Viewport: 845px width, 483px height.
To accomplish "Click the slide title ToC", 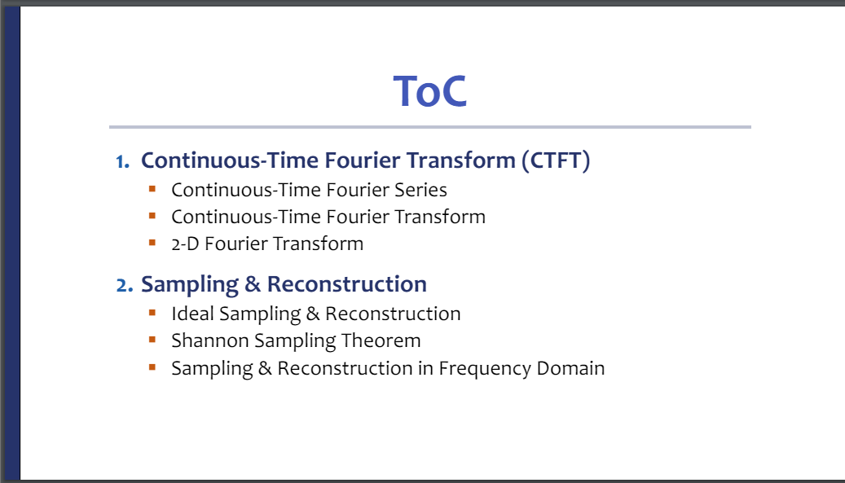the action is point(430,91).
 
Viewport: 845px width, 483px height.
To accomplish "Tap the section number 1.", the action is point(123,161).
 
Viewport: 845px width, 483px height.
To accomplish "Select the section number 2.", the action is point(125,285).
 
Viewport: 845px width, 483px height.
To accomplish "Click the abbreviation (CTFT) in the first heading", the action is point(556,160).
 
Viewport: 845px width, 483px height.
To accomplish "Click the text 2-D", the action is point(186,244).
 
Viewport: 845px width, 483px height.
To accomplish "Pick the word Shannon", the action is point(210,340).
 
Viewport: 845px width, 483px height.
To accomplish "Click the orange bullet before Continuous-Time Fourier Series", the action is point(152,189).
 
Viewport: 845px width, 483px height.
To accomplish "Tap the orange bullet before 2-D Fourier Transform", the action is point(152,243).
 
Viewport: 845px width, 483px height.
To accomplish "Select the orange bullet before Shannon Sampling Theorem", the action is point(152,340).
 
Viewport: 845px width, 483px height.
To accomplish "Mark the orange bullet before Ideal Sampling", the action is point(152,313).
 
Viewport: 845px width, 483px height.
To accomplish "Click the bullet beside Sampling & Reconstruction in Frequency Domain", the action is point(152,367).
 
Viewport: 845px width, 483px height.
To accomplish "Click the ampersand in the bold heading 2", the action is point(253,284).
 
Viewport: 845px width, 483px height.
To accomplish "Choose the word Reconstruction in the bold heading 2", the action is point(347,284).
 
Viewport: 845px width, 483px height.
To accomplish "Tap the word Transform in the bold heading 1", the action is point(460,160).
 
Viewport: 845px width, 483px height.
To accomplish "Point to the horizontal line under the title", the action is point(430,127).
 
